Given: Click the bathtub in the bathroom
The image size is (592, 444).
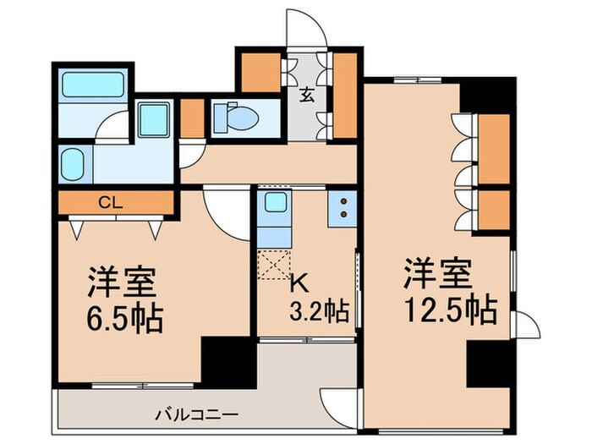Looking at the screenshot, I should click(x=93, y=85).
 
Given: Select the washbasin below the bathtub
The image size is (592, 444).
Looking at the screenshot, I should click(x=74, y=162).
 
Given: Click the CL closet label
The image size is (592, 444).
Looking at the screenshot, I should click(x=107, y=202).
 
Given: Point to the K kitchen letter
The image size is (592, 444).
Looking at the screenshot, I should click(x=299, y=282).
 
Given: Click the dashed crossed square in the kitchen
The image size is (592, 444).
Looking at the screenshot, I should click(x=274, y=265).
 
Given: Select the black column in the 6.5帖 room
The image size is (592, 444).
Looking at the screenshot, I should click(x=227, y=359).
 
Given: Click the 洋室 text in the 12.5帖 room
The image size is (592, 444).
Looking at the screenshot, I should click(x=436, y=276).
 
